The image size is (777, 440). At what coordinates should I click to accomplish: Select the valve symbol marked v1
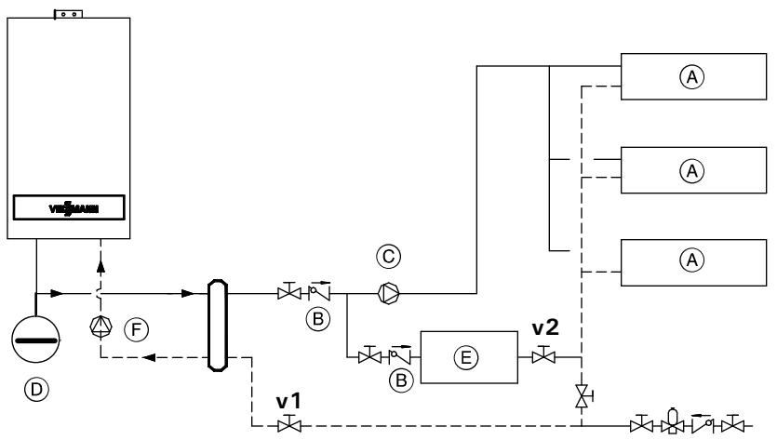click(287, 426)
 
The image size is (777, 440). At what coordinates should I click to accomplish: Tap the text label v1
click(287, 402)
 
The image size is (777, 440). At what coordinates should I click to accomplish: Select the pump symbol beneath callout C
click(388, 294)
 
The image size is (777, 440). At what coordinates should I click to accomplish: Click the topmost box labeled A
click(690, 79)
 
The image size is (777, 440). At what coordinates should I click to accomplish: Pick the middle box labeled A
click(690, 170)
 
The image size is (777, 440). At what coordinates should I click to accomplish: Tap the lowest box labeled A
click(690, 260)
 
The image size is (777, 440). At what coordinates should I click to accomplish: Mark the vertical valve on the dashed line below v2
click(581, 394)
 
